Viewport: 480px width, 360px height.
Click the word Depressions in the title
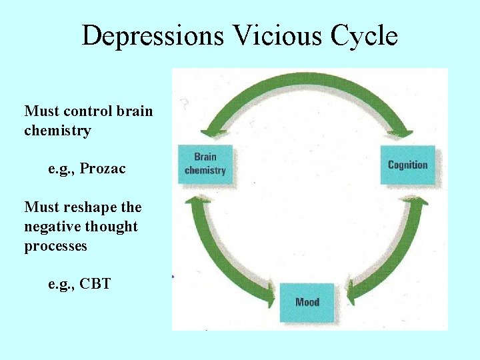(x=153, y=35)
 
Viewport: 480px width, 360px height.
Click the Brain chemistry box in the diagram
(x=205, y=164)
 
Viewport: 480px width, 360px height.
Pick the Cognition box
(x=407, y=165)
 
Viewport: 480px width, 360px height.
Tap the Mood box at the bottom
(x=307, y=302)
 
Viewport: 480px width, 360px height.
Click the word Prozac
(x=102, y=169)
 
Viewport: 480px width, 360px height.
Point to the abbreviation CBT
(x=95, y=285)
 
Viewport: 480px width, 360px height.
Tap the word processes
(x=55, y=246)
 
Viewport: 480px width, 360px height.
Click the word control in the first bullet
(x=89, y=111)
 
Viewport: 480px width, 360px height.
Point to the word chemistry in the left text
(x=57, y=130)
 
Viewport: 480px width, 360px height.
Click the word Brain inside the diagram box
(x=205, y=157)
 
